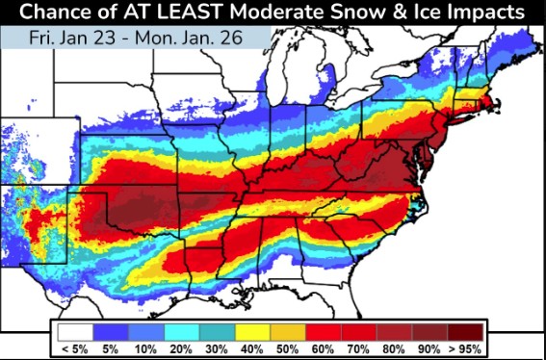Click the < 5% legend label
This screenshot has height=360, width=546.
[76, 347]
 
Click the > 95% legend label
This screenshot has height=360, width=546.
[466, 347]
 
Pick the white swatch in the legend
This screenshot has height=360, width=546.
[76, 330]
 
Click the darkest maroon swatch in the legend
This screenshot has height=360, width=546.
[466, 330]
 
